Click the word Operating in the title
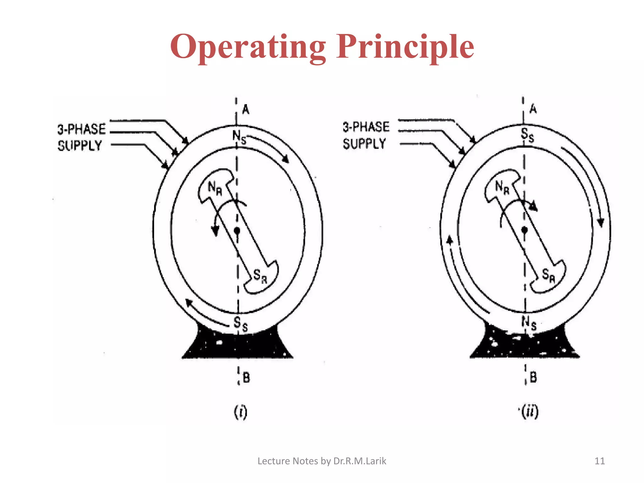(248, 47)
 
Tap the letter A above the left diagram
(246, 109)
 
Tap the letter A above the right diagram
(533, 109)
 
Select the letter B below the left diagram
(246, 377)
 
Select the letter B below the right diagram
(533, 377)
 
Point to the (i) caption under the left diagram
(241, 412)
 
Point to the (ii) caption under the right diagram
(530, 412)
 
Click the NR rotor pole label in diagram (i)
(215, 189)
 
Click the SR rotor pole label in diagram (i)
(260, 276)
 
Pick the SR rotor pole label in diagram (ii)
(548, 275)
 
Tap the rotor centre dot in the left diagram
(237, 231)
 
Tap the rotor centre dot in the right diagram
(524, 230)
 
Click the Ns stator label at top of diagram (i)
(239, 137)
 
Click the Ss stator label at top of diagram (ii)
(527, 135)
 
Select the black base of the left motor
(237, 346)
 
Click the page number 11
(600, 461)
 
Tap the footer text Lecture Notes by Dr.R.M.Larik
(322, 461)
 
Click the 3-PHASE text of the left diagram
(81, 129)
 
